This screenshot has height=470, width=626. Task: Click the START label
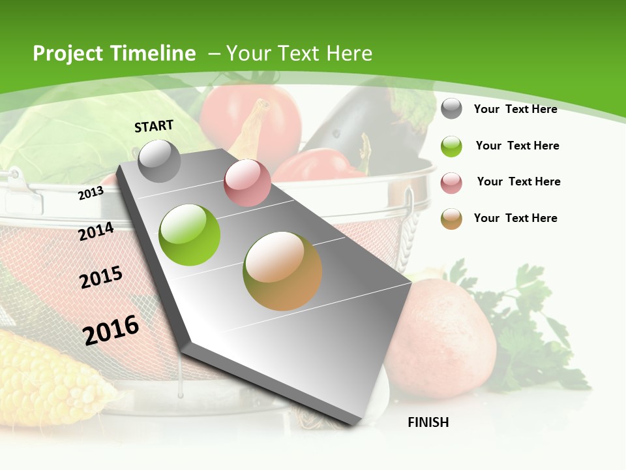tap(154, 126)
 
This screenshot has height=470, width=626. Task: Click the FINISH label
tap(428, 422)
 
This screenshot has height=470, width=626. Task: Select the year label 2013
tap(91, 193)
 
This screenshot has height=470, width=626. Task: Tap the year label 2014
tap(97, 232)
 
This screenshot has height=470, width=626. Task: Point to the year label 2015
tap(101, 277)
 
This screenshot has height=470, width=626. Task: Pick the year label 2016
tap(112, 330)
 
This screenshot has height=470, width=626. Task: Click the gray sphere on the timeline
tap(159, 161)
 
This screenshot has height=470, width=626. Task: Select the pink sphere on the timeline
tap(247, 182)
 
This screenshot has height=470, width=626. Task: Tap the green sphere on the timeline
tap(190, 235)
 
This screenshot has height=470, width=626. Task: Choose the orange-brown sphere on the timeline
tap(282, 271)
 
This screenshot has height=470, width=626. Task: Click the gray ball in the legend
tap(451, 108)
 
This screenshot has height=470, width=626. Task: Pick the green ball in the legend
tap(451, 146)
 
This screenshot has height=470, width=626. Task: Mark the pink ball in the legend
tap(451, 183)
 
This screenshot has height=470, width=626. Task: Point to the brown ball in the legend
tap(451, 219)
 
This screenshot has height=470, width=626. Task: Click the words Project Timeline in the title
tap(114, 54)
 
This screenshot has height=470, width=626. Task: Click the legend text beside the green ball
tap(517, 146)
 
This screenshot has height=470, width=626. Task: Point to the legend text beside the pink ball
tap(518, 181)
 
